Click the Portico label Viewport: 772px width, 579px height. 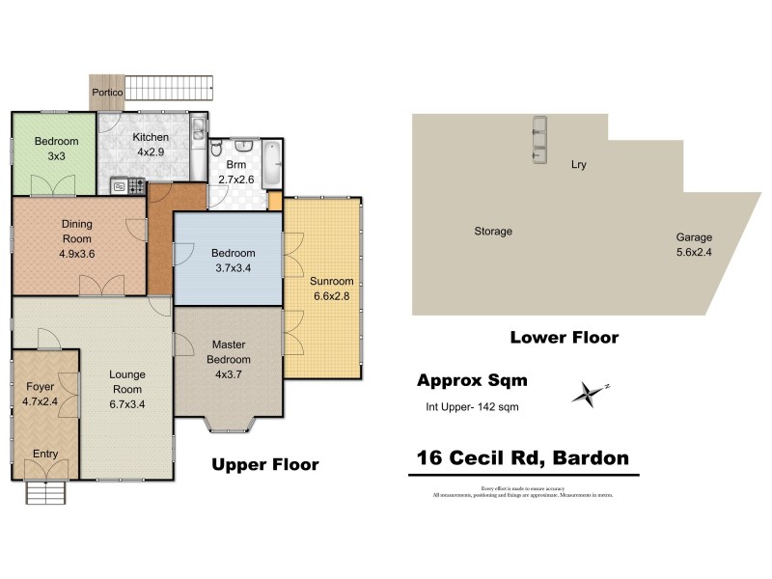106,93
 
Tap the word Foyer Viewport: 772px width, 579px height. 40,386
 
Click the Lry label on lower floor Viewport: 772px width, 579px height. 578,165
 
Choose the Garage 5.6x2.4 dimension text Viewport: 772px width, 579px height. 694,253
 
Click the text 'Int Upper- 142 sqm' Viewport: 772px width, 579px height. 472,406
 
